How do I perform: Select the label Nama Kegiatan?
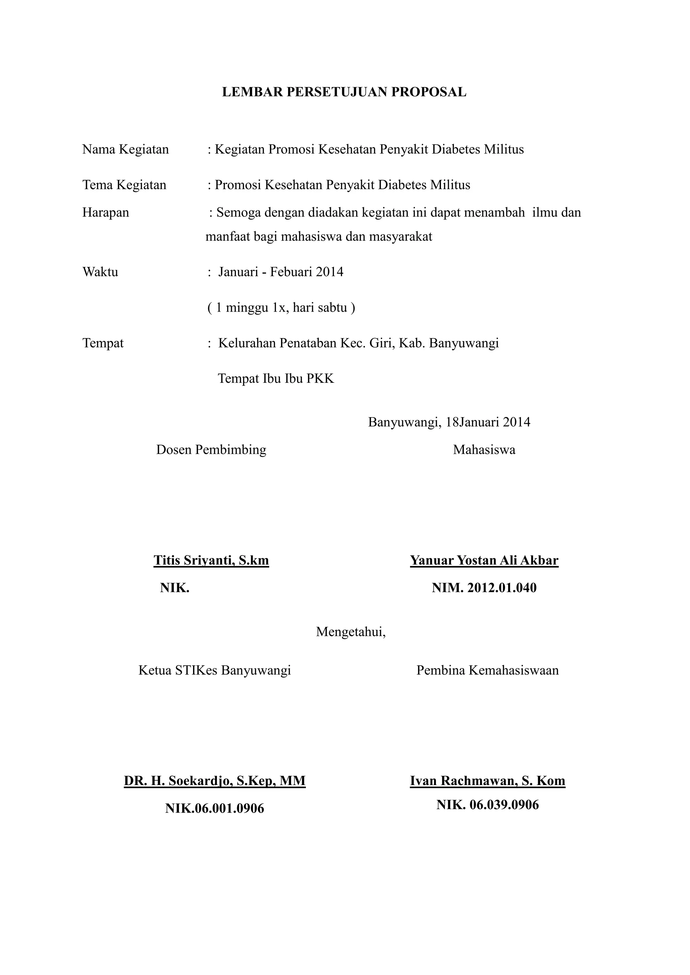tap(125, 149)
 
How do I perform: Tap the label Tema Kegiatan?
tap(124, 185)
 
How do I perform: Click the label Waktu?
tap(100, 271)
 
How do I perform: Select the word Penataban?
tap(307, 343)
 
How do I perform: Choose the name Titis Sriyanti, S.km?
tap(211, 560)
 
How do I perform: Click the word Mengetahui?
tap(350, 632)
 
